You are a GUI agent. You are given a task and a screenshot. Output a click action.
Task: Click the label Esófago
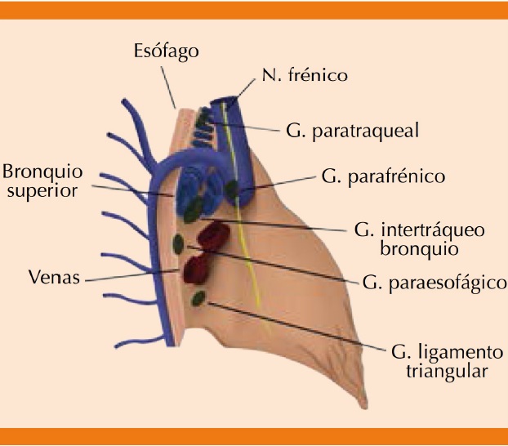tap(165, 51)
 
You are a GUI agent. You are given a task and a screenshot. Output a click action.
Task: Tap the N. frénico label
tap(305, 76)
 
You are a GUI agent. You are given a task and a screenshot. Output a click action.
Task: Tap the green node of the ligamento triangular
tap(198, 298)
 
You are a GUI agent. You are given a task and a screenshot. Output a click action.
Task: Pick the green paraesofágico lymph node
tap(178, 243)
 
